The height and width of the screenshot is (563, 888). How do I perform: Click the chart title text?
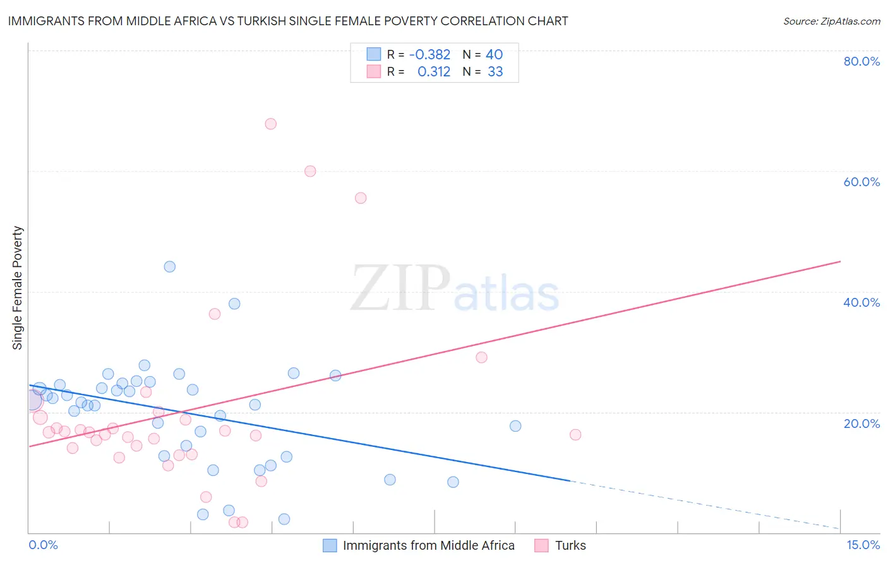(288, 21)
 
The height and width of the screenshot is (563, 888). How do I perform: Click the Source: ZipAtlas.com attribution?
(831, 21)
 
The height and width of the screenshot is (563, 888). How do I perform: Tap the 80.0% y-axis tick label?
(861, 61)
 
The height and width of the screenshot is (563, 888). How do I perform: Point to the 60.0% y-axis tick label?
(861, 182)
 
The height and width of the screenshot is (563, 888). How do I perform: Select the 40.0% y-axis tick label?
(861, 302)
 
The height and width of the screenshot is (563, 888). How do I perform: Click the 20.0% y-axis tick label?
(861, 424)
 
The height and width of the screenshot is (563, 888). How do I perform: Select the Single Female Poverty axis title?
(18, 288)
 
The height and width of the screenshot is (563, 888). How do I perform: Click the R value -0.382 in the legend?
(429, 55)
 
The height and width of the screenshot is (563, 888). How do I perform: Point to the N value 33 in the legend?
(495, 72)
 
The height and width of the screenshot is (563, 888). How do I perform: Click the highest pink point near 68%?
(270, 124)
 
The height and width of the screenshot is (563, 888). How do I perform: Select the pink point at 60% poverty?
(310, 171)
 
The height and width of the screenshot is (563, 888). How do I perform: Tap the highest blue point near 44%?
(169, 266)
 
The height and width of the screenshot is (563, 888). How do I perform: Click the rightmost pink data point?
(575, 434)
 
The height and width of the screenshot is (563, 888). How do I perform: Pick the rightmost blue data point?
(515, 426)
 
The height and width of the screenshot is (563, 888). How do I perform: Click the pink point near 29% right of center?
(481, 357)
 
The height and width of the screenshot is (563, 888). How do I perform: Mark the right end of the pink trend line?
(840, 261)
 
